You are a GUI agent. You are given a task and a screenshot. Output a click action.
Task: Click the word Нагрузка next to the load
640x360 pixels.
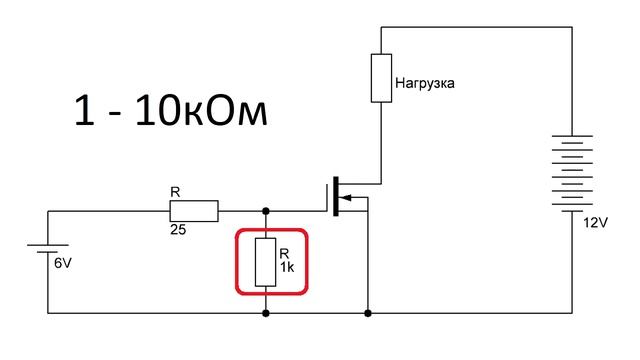(427, 84)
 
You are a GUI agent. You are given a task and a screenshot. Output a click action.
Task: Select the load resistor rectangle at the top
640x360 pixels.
(381, 78)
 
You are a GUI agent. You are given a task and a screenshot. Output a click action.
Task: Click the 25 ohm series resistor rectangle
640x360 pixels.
(193, 211)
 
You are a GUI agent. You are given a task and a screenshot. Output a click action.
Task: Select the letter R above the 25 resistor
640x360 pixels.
(176, 190)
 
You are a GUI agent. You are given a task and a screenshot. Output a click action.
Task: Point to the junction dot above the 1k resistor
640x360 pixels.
(266, 211)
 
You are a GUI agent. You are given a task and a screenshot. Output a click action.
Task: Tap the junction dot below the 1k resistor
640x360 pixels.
(266, 313)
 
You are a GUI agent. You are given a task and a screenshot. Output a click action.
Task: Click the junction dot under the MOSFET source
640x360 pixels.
(369, 313)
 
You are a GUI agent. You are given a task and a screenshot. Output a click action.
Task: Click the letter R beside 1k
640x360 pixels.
(284, 254)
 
